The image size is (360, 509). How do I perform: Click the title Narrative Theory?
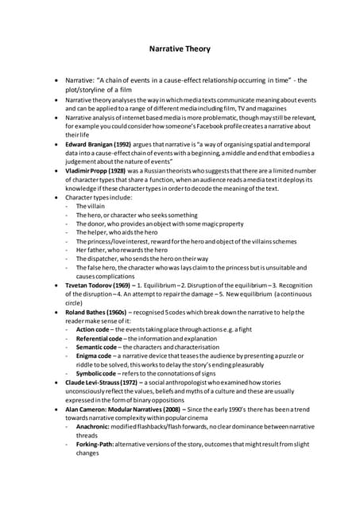180,49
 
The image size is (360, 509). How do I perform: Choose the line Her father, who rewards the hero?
121,250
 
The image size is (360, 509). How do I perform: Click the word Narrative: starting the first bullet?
81,80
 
